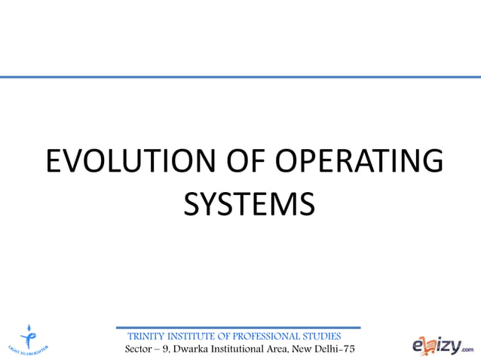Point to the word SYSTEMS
[249, 203]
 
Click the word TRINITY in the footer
[149, 336]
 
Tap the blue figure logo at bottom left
[30, 337]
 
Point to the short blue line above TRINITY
[238, 328]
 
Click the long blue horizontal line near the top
[240, 77]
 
